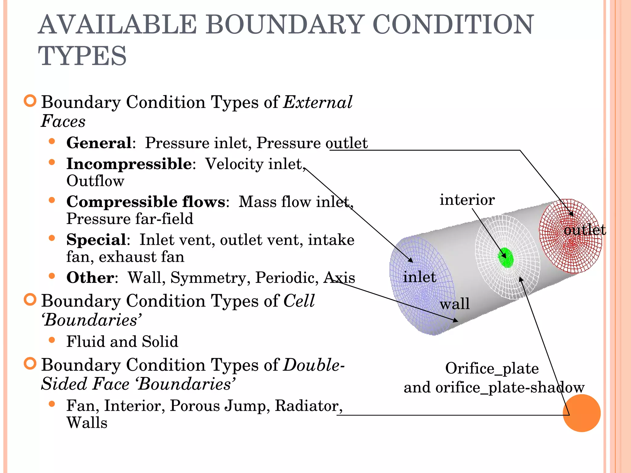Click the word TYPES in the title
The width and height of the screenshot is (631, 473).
pos(82,56)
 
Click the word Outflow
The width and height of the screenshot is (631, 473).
pos(95,181)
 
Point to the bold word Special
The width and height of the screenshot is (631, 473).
pos(96,240)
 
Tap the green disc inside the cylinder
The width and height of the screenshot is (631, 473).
pos(506,258)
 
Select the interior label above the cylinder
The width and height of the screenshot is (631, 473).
pos(467,200)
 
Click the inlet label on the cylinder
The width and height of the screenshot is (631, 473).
pos(419,277)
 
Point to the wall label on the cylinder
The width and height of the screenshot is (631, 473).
pos(454,304)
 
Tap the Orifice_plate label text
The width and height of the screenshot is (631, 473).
pos(492,369)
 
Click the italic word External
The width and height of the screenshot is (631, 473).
pos(318,103)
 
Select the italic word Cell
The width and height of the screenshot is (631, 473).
pos(299,301)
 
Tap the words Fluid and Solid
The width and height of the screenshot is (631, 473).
pos(122,342)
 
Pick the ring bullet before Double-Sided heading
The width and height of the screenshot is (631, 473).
pos(30,364)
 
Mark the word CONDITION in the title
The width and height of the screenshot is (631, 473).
pos(453,25)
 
